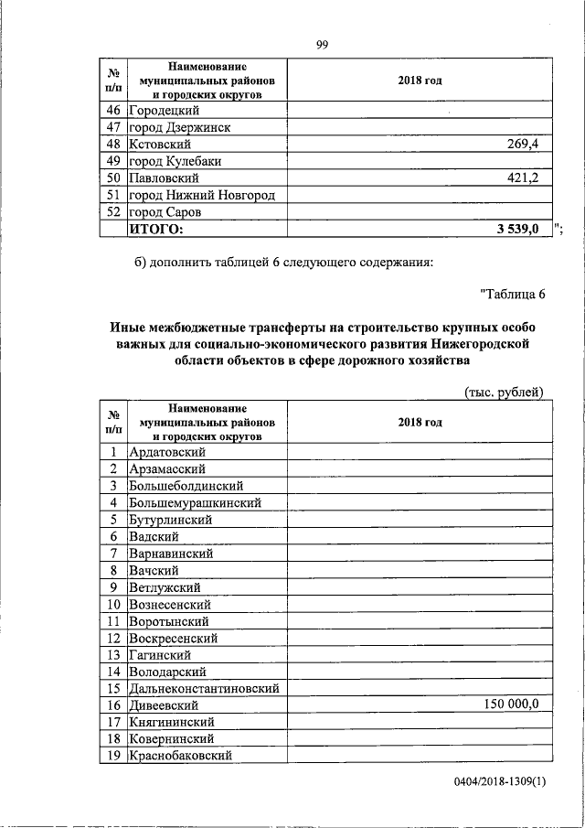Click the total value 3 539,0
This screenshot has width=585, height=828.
(x=518, y=229)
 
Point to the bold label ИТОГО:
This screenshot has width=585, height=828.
(x=156, y=229)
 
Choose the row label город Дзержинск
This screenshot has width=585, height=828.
(x=178, y=128)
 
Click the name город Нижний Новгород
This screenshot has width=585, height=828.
(x=202, y=195)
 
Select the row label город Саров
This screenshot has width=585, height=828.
(x=165, y=212)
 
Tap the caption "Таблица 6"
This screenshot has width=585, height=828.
(x=512, y=294)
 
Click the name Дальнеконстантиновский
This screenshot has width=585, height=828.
(x=204, y=688)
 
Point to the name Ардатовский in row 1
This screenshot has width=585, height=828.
(x=167, y=452)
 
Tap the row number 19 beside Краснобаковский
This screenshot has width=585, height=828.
(x=113, y=755)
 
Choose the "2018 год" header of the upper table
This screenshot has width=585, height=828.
(x=420, y=81)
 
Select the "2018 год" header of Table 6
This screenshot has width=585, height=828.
(x=420, y=422)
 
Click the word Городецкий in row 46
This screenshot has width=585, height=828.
(x=165, y=111)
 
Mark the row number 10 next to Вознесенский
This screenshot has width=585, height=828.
(x=113, y=604)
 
